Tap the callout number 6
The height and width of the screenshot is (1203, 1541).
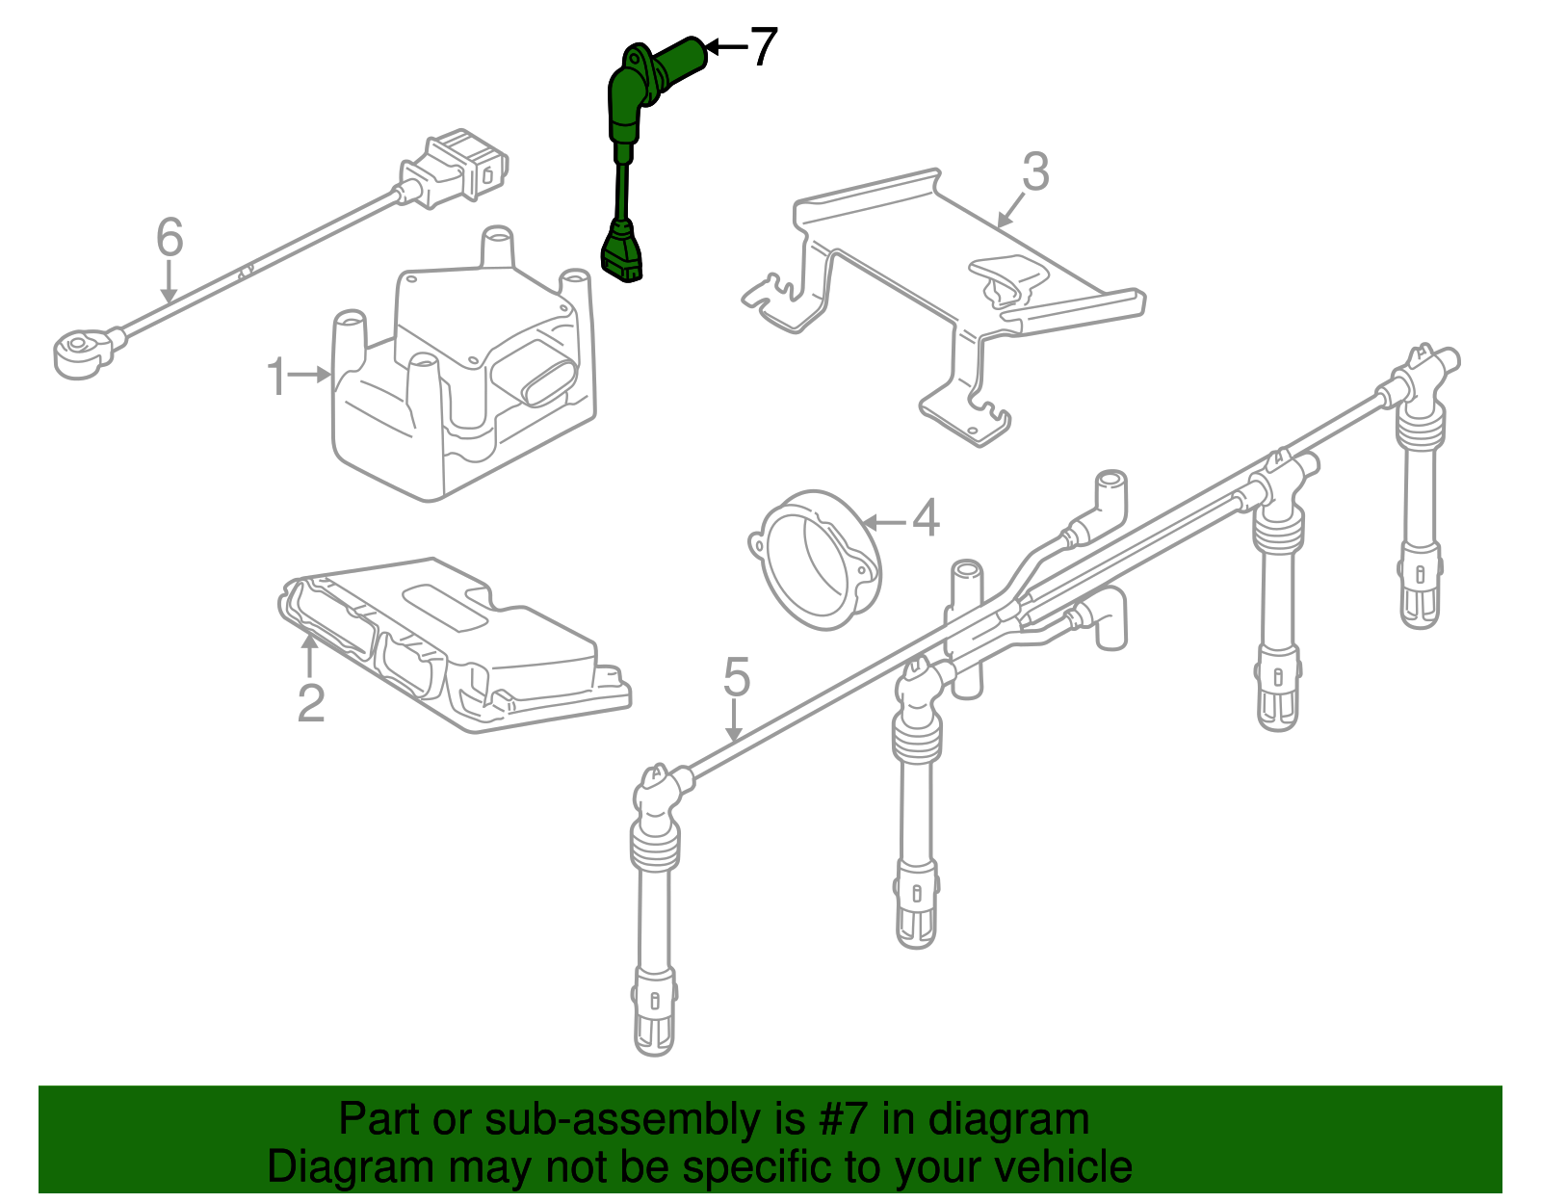click(x=170, y=237)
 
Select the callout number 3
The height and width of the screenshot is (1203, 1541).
click(x=1034, y=172)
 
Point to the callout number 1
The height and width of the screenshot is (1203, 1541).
click(x=276, y=377)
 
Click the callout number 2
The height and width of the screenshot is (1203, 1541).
click(x=310, y=704)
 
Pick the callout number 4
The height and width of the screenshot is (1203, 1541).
click(x=925, y=519)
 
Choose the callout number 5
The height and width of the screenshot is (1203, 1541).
click(x=736, y=678)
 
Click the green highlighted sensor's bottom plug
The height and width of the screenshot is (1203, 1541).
click(x=622, y=254)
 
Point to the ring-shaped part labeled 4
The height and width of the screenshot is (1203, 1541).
click(x=819, y=561)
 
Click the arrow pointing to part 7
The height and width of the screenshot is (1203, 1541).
click(x=725, y=46)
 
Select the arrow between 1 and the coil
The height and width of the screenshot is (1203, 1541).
click(x=310, y=375)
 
